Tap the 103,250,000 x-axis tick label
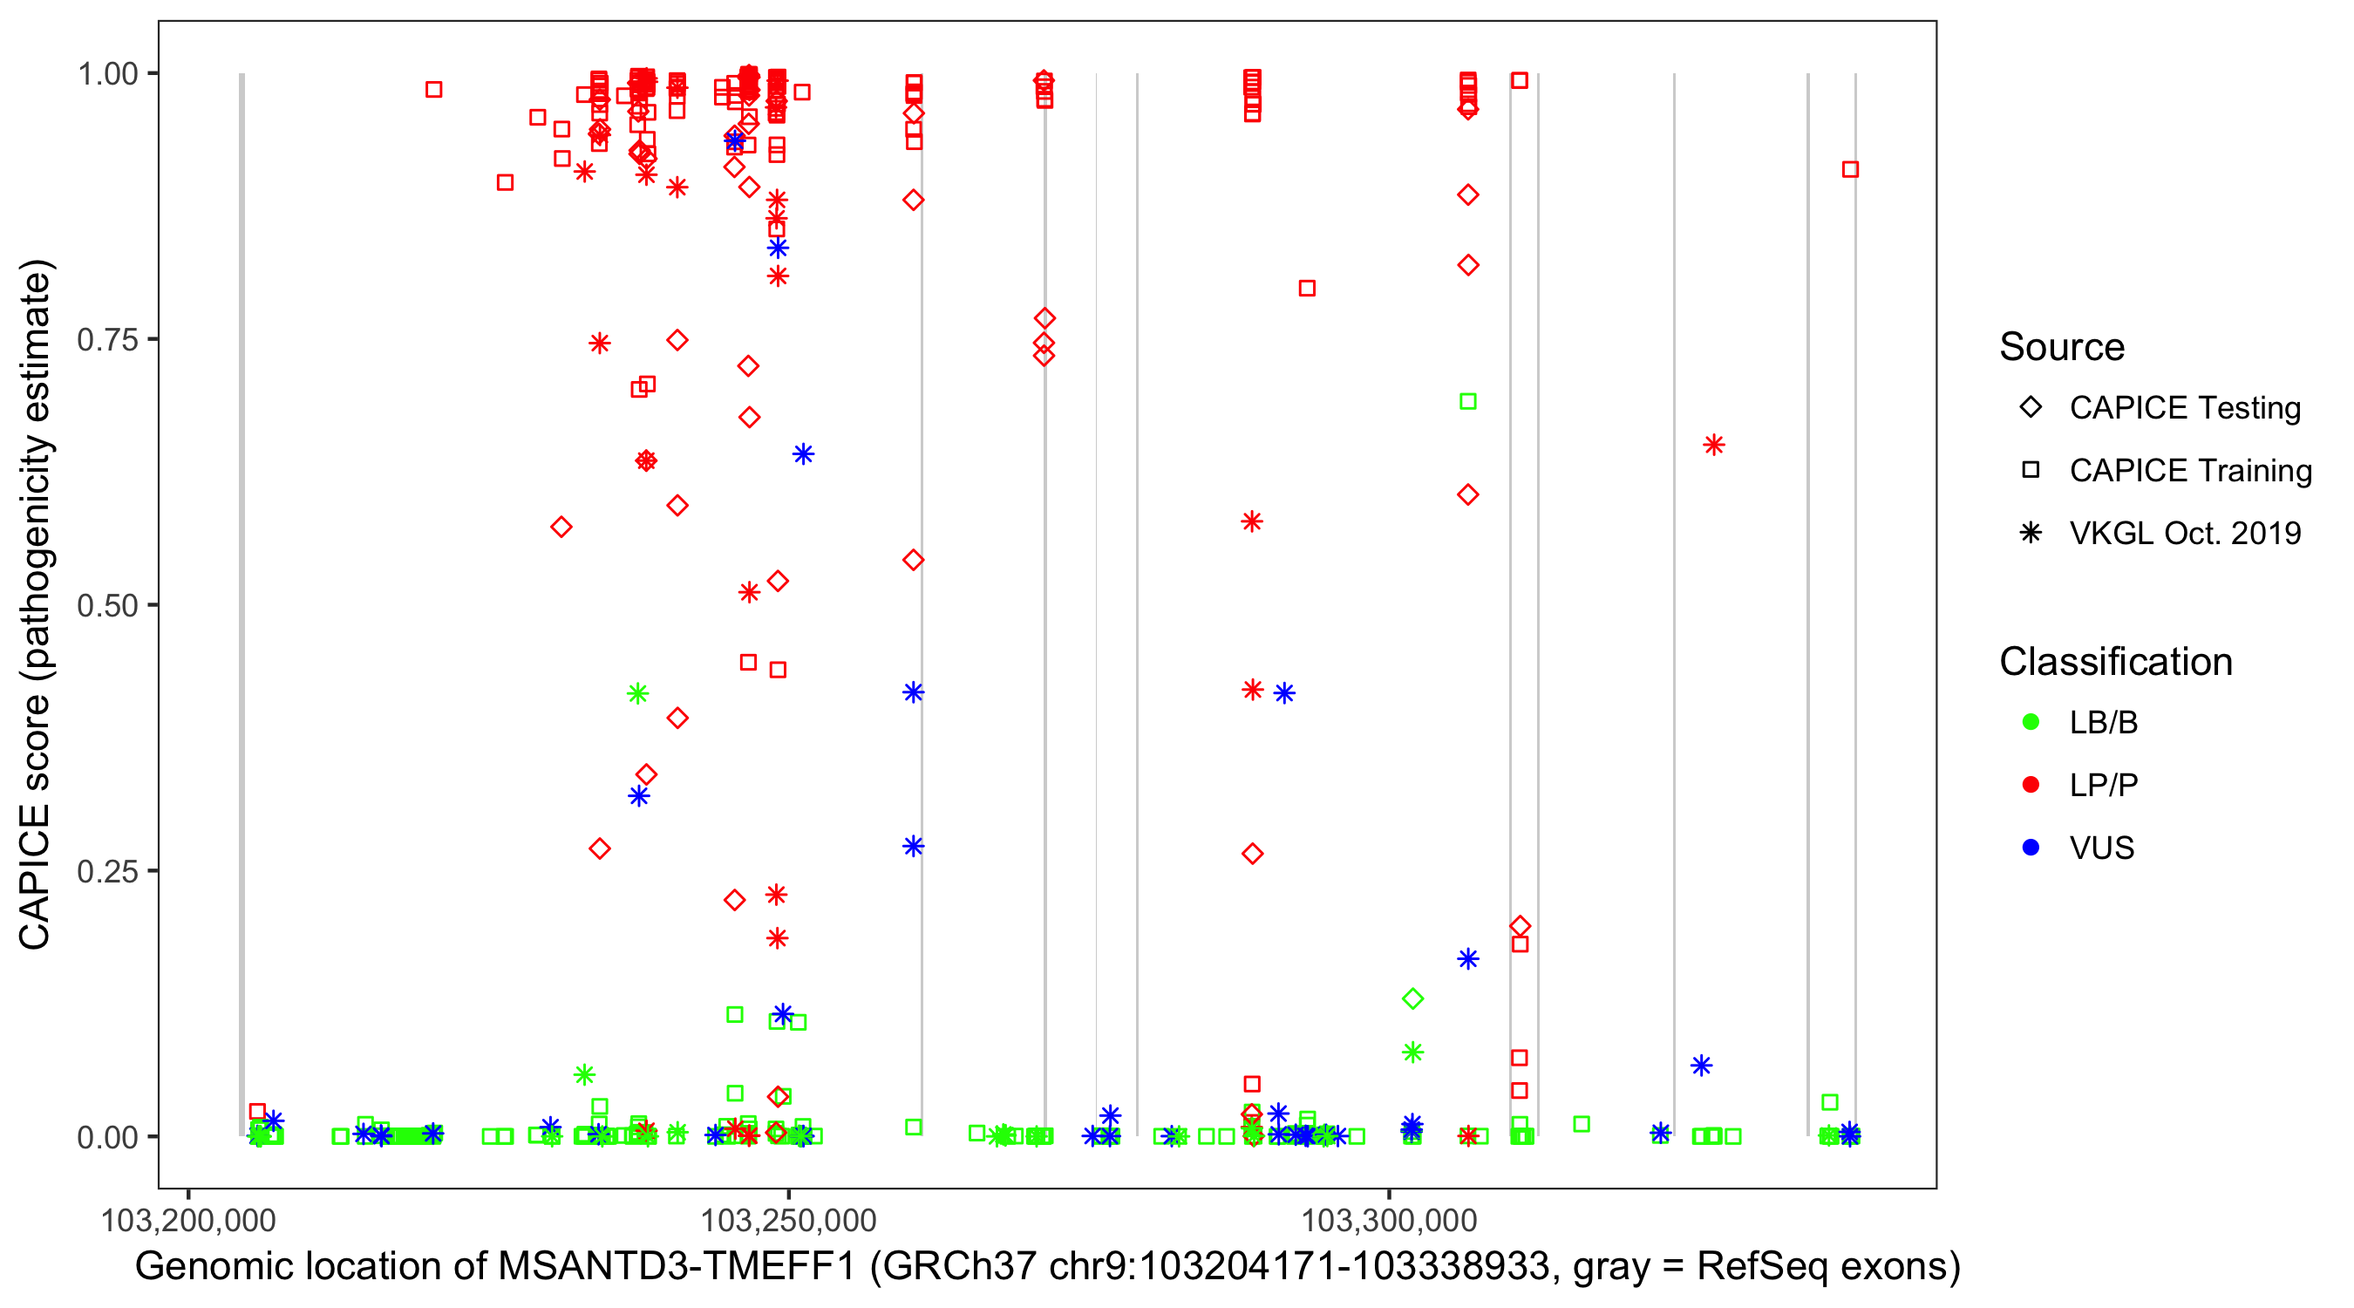pos(789,1220)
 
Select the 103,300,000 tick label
pos(1389,1220)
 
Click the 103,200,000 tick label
pos(188,1220)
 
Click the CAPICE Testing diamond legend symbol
pos(2031,408)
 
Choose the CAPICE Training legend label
pos(2190,471)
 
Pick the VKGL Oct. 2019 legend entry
pos(2185,533)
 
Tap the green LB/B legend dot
pos(2031,722)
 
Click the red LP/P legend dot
pos(2031,785)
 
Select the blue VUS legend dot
pos(2031,848)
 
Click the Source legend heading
pos(2062,347)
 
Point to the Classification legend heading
pos(2115,662)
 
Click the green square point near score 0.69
pos(1467,401)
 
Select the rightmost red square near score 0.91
pos(1850,169)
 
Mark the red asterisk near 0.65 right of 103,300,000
pos(1713,445)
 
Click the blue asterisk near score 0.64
pos(803,454)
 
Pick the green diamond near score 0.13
pos(1412,999)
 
